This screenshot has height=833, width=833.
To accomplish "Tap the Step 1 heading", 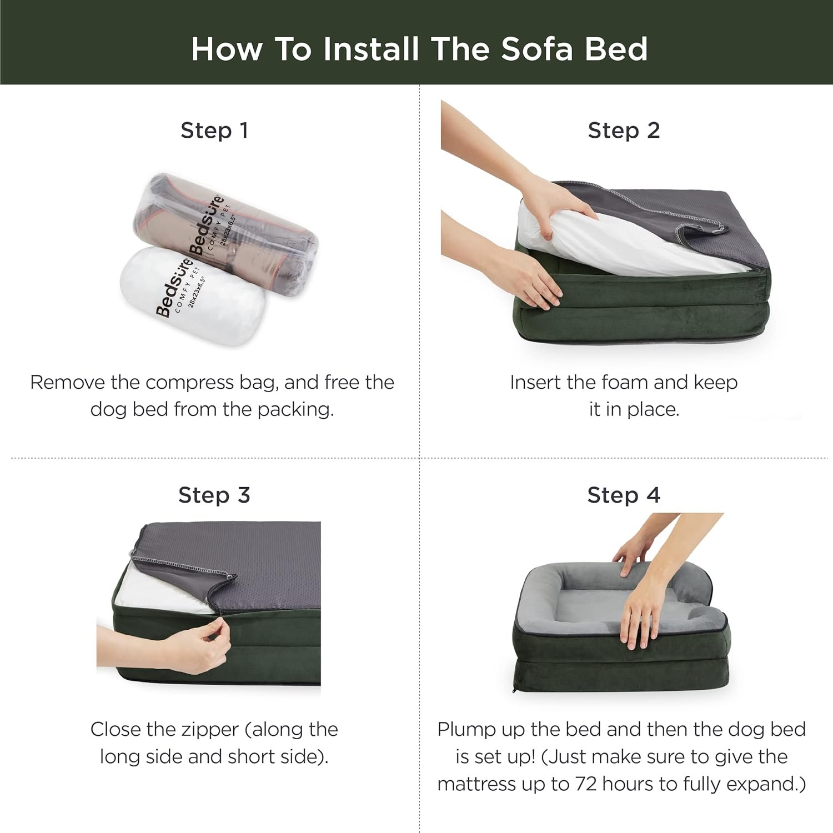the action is tap(214, 131).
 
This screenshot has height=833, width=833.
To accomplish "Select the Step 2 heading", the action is tap(624, 131).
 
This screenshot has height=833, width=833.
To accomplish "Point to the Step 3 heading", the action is tap(214, 495).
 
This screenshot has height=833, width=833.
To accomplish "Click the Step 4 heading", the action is tap(624, 495).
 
